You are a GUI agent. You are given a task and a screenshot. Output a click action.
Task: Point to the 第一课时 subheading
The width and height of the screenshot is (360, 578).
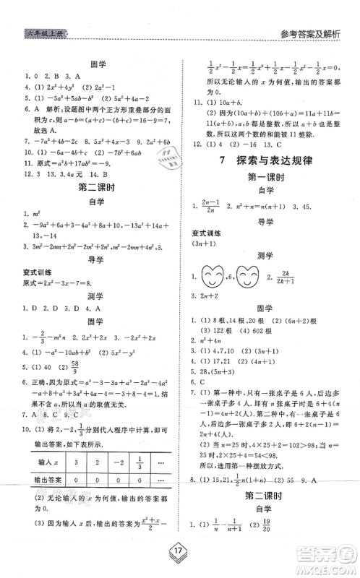[268, 176]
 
